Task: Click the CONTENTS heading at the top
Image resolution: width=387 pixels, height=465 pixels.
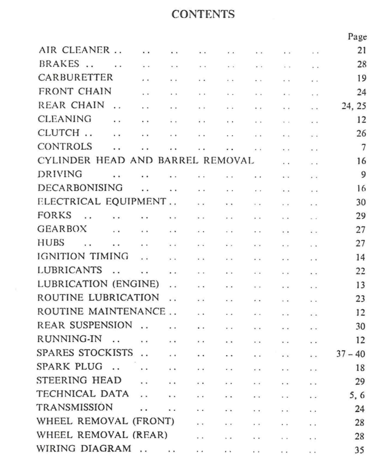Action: (203, 14)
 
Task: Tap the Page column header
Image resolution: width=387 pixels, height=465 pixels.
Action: (357, 37)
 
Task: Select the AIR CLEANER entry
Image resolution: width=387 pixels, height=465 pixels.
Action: (74, 50)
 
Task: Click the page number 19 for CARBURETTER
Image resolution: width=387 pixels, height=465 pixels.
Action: (361, 78)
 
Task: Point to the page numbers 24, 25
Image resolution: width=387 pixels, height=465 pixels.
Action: (353, 106)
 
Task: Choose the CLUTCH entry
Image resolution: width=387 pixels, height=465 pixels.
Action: (59, 133)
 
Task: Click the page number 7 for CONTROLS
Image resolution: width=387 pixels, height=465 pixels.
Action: (363, 147)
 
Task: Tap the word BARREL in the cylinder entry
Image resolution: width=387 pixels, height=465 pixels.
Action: (178, 161)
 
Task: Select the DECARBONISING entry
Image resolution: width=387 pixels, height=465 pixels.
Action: (80, 188)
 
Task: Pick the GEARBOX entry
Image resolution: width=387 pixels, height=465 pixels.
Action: (62, 229)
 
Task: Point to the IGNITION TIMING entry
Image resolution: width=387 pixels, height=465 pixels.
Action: (83, 256)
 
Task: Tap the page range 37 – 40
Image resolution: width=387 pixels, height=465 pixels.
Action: (351, 354)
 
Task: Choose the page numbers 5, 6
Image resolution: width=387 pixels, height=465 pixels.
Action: (357, 395)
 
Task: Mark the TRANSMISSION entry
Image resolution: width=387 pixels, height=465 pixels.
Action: (74, 407)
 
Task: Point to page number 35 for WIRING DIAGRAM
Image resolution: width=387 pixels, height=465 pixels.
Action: (359, 450)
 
